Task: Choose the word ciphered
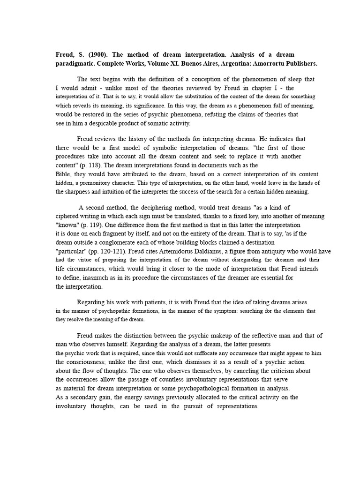point(69,216)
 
